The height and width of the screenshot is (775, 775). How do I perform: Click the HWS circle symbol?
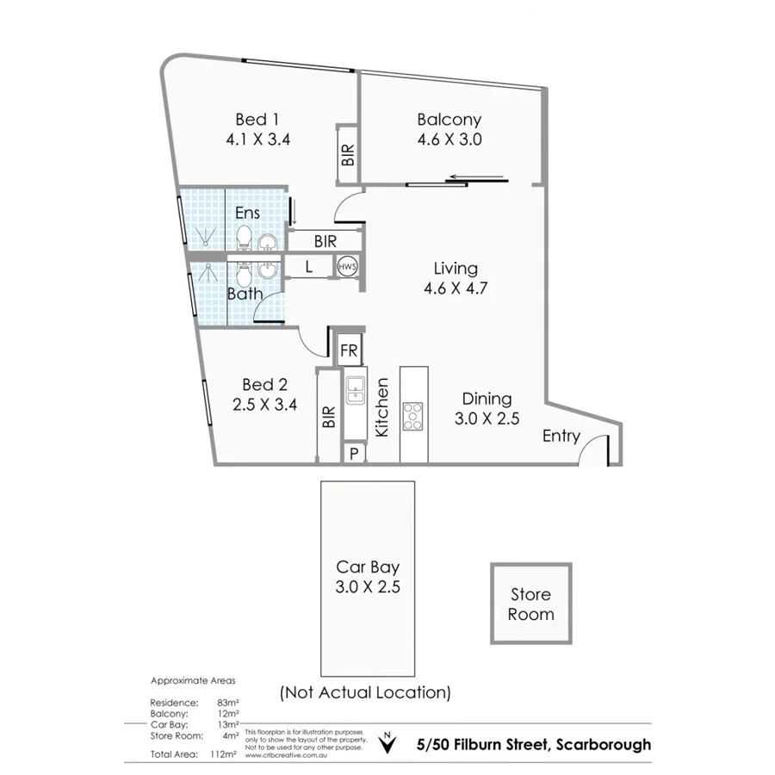click(347, 268)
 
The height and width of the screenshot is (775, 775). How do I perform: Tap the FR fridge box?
click(349, 350)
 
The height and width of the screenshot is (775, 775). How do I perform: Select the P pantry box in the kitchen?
click(353, 453)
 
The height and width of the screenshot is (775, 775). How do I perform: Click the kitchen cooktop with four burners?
click(414, 416)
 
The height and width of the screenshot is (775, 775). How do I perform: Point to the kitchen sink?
click(355, 392)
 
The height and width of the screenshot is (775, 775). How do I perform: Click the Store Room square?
click(530, 604)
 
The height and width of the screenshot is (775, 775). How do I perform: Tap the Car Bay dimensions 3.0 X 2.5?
click(368, 588)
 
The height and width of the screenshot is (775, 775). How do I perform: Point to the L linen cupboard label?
click(309, 268)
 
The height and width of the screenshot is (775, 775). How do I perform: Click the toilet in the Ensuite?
click(243, 236)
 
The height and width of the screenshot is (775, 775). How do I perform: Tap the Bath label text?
click(245, 294)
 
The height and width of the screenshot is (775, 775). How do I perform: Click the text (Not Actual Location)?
click(365, 691)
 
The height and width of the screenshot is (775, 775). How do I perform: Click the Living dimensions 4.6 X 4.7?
click(456, 288)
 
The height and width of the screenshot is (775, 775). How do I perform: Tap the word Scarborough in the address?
click(604, 744)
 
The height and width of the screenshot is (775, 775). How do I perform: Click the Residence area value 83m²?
click(228, 703)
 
